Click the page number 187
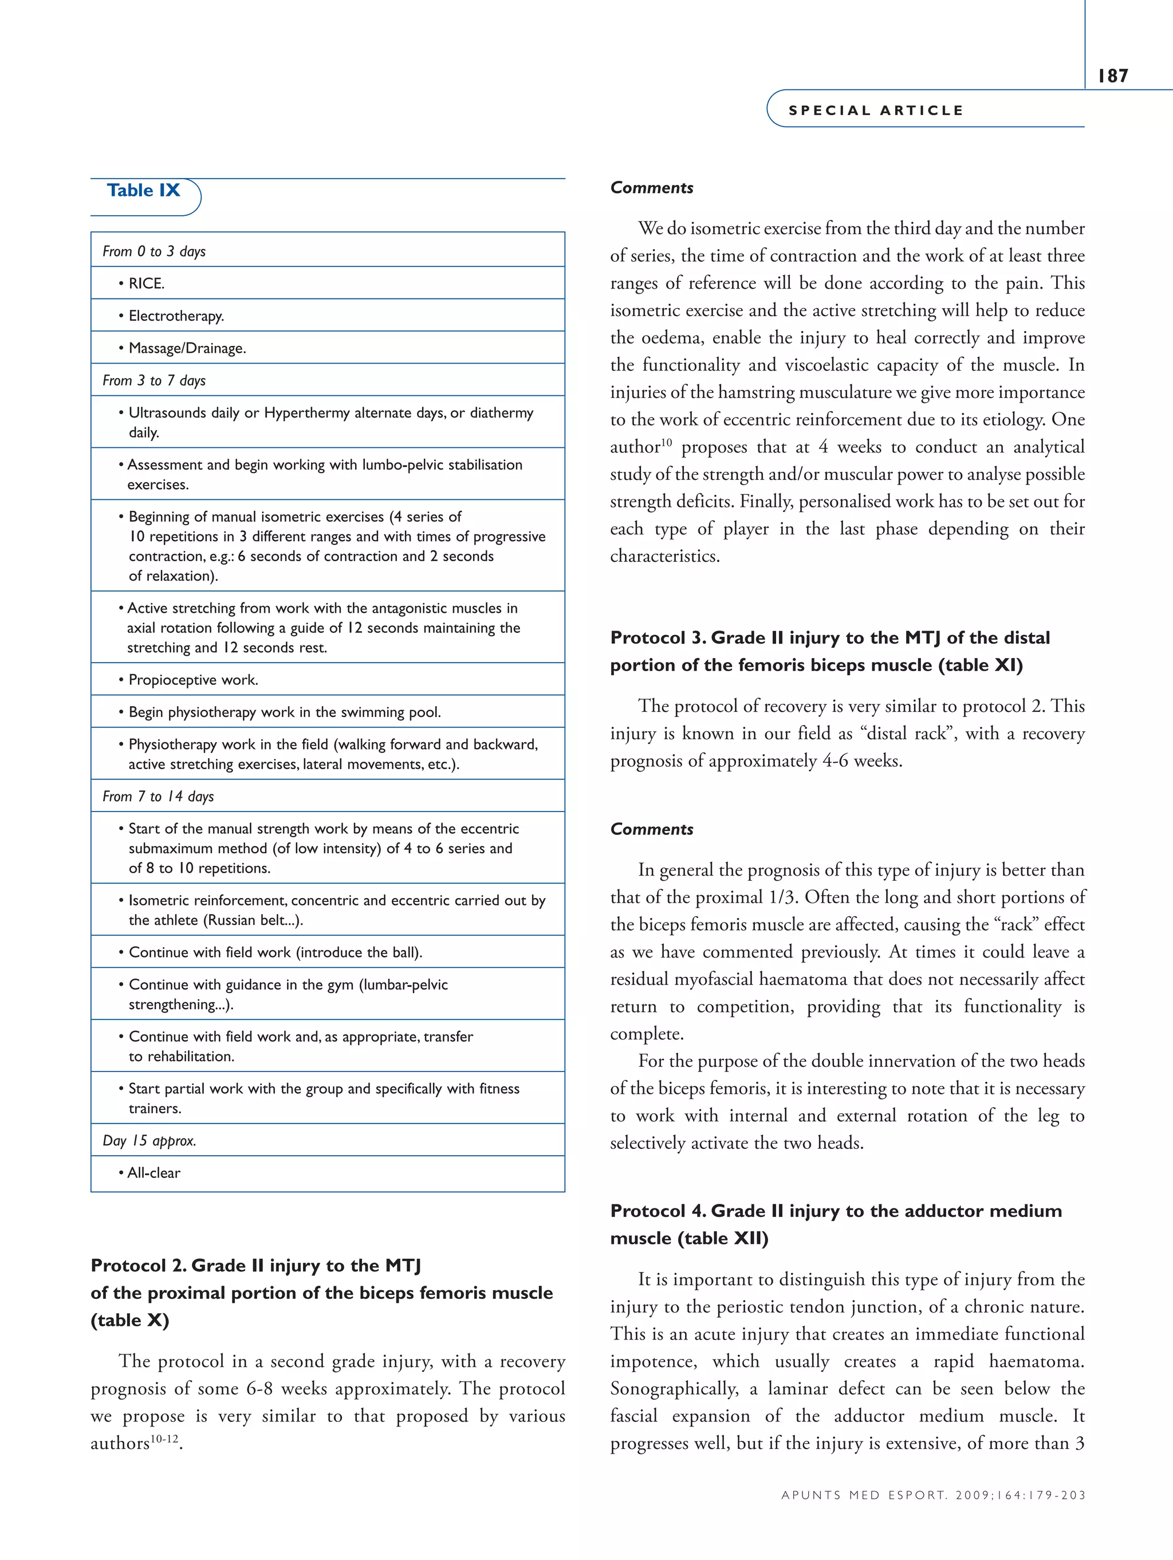1112,76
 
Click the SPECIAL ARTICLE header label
875,111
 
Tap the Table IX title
143,190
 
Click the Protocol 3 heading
829,651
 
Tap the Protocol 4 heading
835,1224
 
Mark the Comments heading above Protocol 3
651,188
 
